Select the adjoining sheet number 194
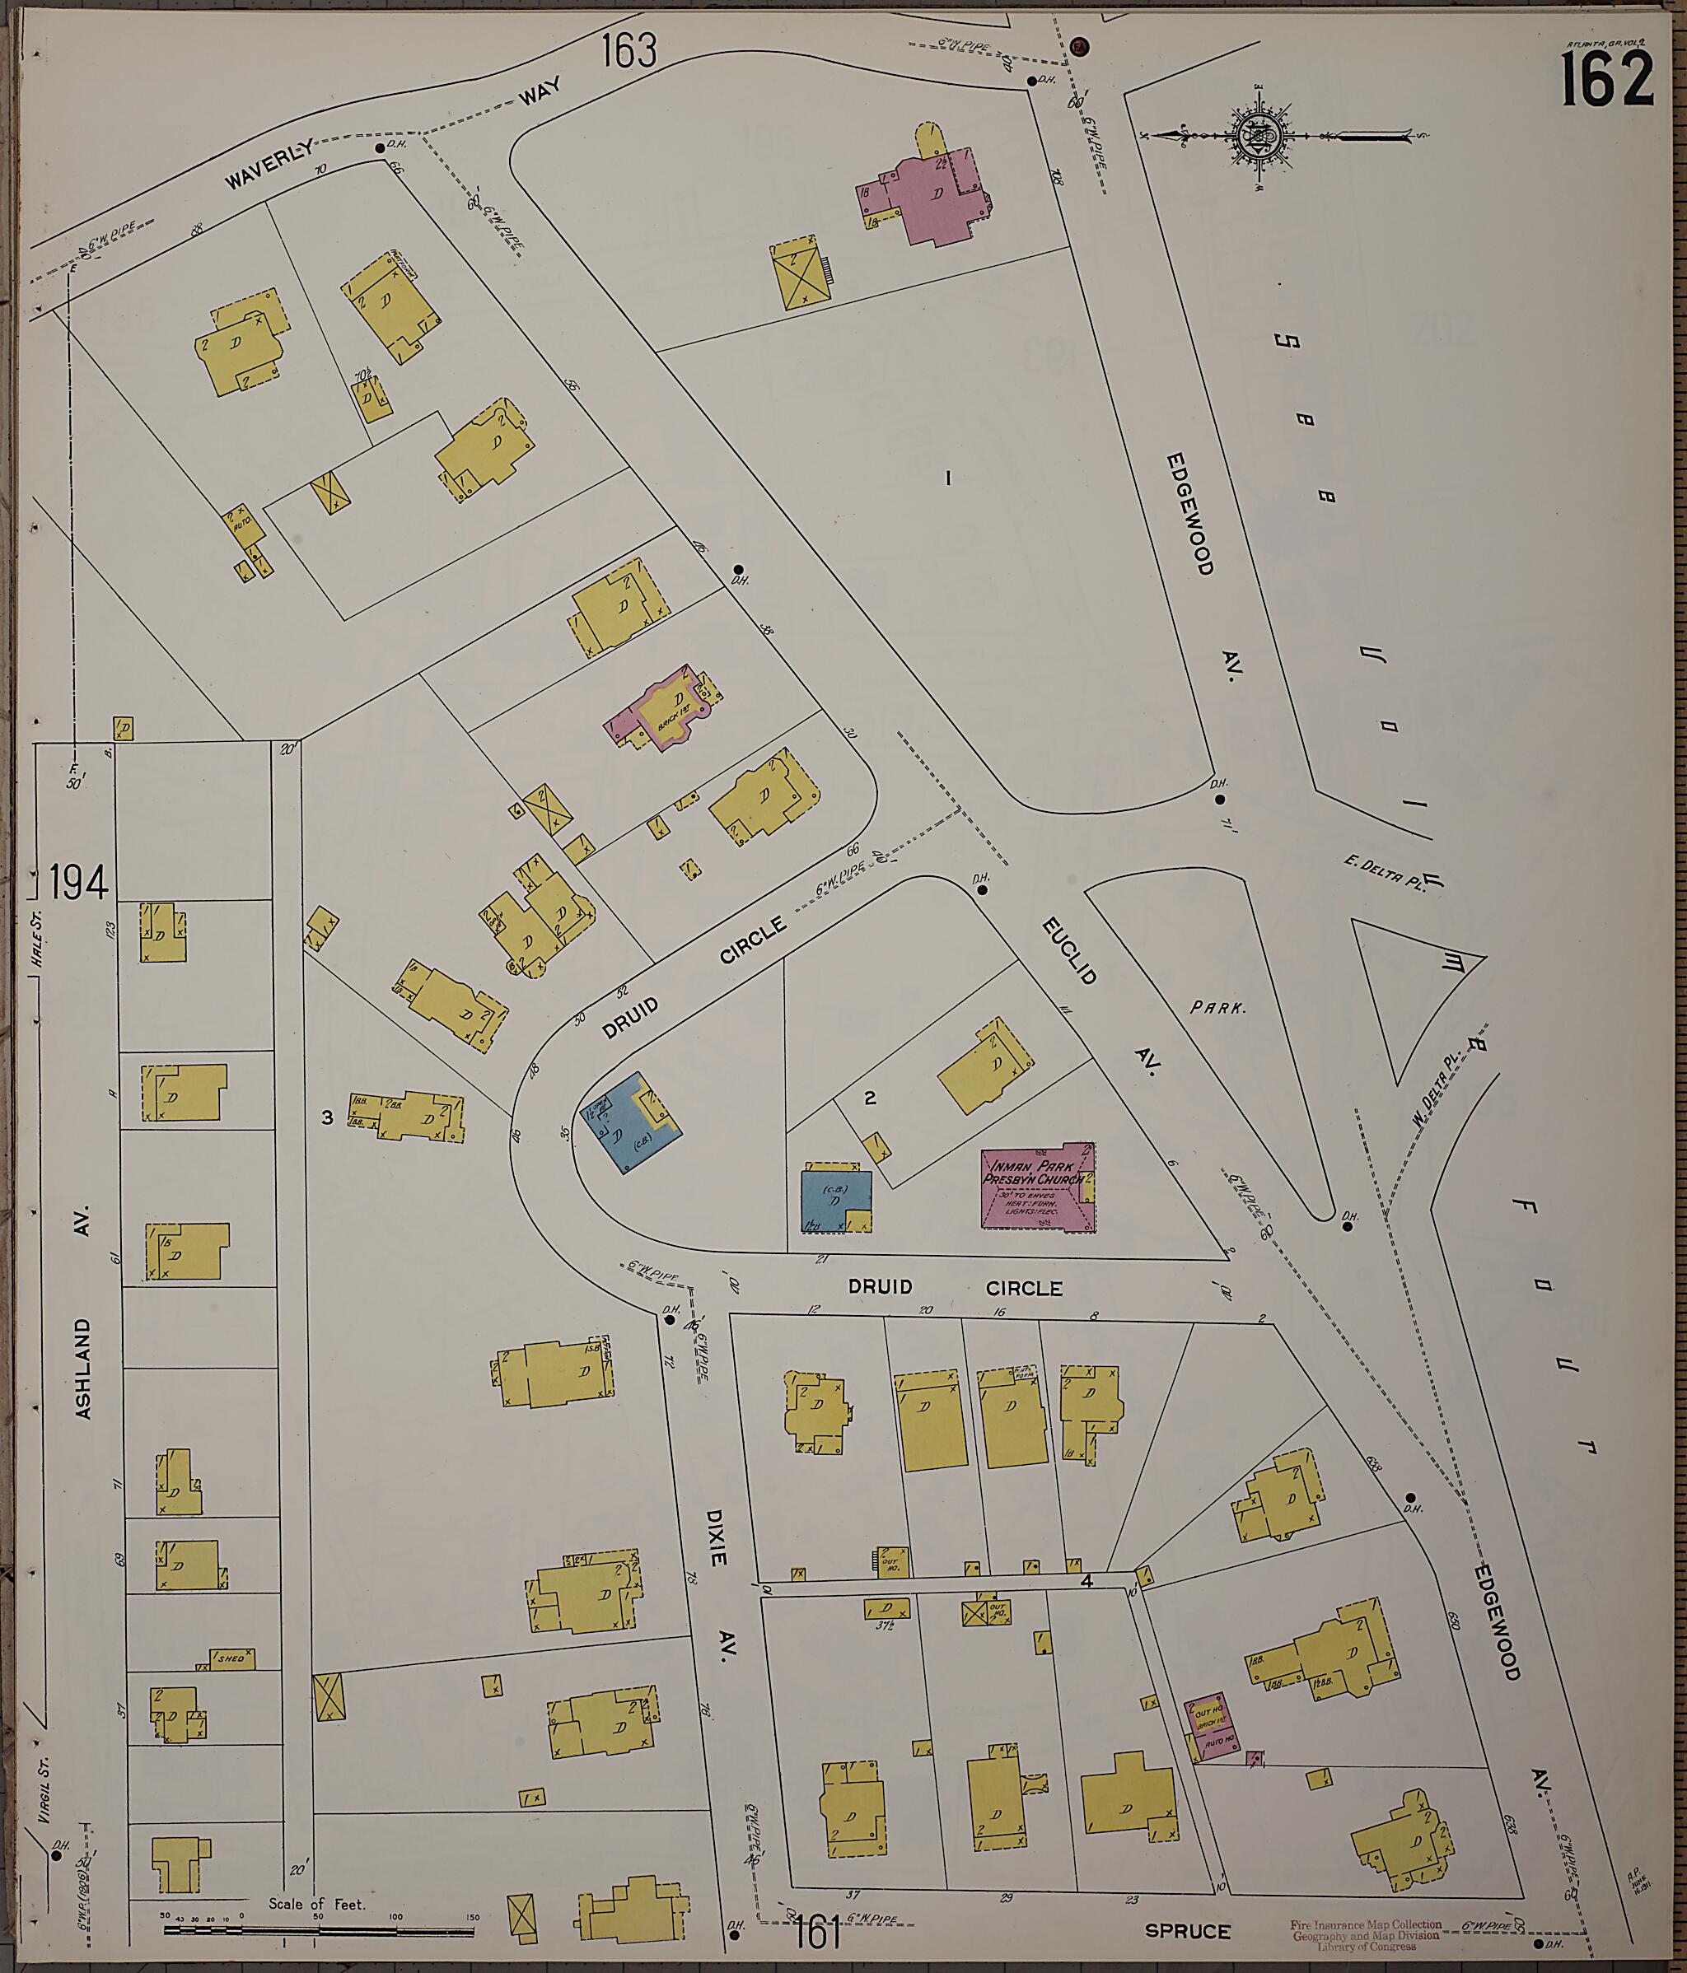tap(78, 883)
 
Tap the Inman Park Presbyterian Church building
tap(1037, 1187)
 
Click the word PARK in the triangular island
tap(1218, 1007)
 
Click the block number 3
tap(327, 1117)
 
